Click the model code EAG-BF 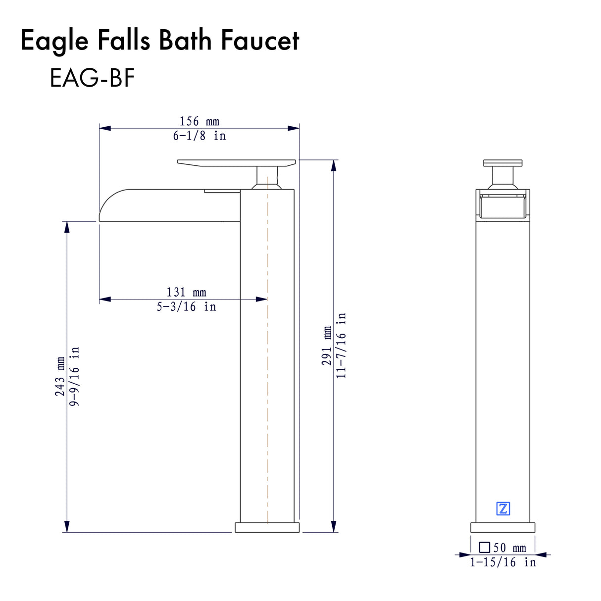92,78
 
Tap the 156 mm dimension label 199,121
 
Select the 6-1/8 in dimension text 199,136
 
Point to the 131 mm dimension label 186,293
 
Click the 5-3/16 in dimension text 186,307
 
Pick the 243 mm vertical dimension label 60,376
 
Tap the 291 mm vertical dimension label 327,346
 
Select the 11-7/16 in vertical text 341,346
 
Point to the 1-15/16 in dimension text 502,562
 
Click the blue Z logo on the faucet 502,508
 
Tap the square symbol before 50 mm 485,548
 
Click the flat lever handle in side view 236,163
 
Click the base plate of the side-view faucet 267,527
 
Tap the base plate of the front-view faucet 502,527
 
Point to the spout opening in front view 502,206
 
